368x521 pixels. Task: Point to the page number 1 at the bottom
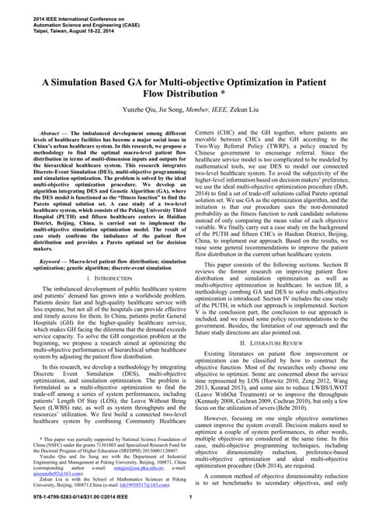coord(184,509)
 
